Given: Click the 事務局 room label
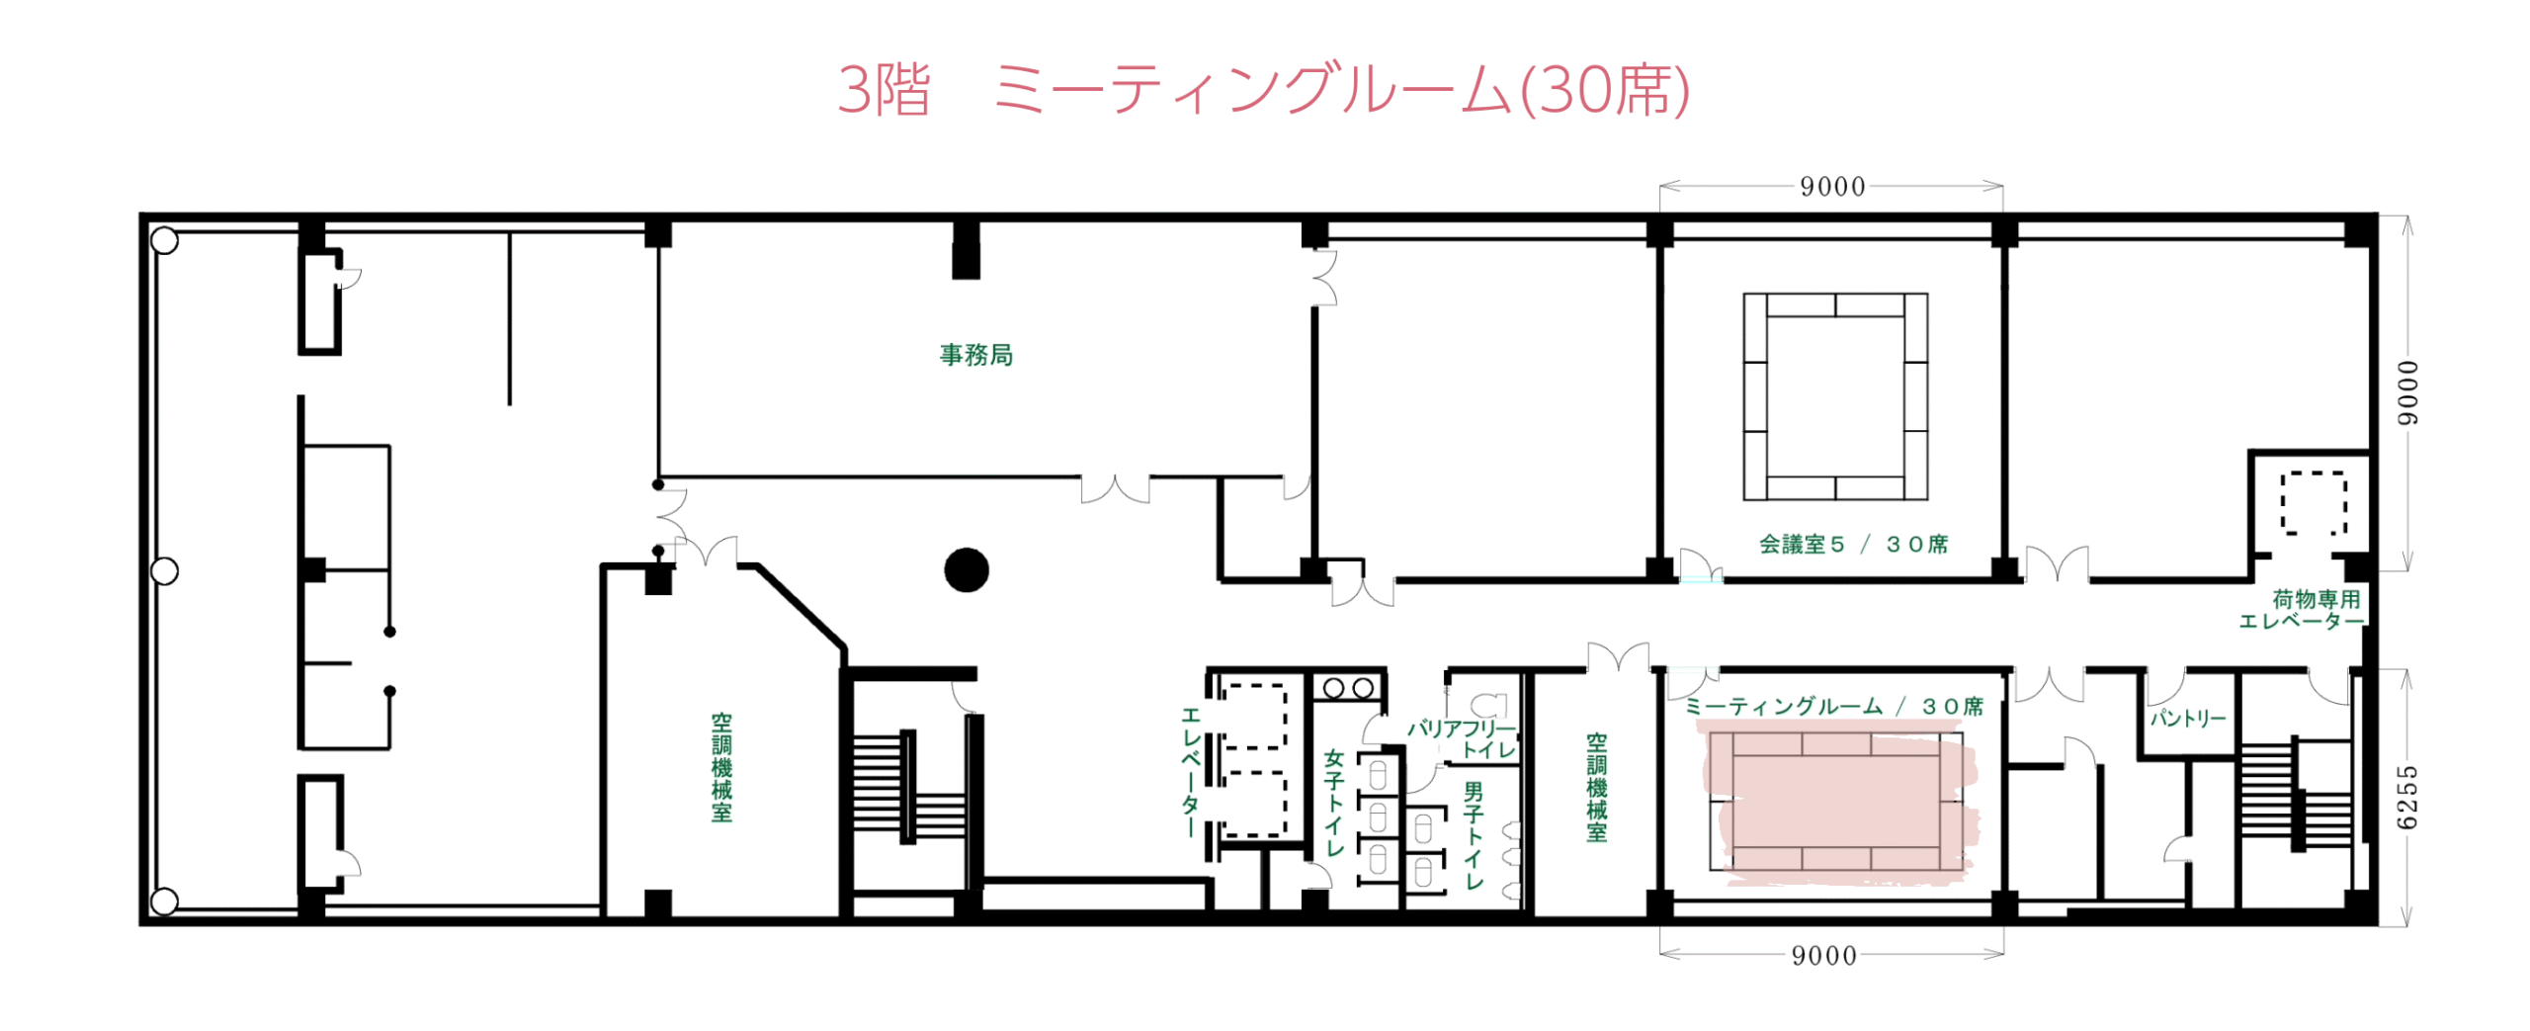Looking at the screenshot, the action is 975,354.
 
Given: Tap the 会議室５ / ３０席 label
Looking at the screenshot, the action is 1853,544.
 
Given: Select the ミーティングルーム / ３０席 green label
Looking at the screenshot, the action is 1833,706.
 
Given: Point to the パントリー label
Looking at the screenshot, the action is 2188,717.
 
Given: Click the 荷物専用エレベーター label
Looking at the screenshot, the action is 2302,609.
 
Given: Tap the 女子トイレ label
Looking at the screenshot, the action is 1334,802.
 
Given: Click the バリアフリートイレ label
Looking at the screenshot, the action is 1462,738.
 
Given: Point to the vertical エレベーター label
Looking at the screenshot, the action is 1191,771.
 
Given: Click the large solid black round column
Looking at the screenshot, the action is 966,569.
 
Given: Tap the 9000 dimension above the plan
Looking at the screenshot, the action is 1831,186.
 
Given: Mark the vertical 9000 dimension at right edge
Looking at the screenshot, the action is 2407,392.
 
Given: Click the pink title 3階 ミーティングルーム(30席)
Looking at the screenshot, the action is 1263,90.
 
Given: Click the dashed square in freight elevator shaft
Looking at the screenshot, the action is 2312,503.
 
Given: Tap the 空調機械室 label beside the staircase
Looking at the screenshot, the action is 721,767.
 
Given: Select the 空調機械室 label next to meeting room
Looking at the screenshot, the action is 1596,787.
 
